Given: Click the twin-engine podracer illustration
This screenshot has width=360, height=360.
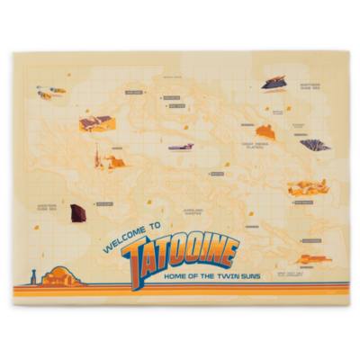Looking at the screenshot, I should (49, 92).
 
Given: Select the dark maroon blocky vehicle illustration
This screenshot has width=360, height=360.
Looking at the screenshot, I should (79, 212).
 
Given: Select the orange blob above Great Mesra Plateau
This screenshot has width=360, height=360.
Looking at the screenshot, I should (264, 131).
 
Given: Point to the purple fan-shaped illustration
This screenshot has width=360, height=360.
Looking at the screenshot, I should (314, 144).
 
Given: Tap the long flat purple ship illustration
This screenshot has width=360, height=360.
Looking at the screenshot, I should (181, 147).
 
